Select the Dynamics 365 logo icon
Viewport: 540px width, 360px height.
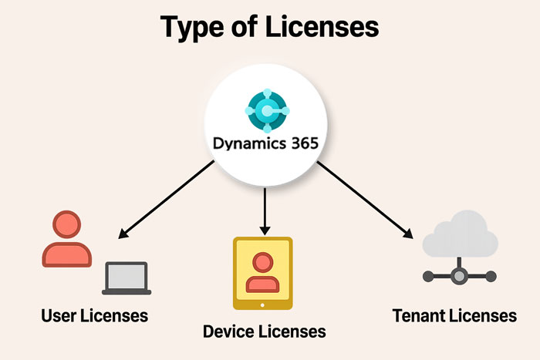pyautogui.click(x=267, y=111)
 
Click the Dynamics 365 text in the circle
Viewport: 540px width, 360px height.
pyautogui.click(x=267, y=145)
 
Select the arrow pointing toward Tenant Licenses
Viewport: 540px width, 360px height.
pyautogui.click(x=363, y=199)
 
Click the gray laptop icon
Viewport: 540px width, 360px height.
pyautogui.click(x=125, y=278)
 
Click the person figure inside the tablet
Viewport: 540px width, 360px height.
pyautogui.click(x=263, y=272)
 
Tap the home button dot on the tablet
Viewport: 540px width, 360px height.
pyautogui.click(x=263, y=304)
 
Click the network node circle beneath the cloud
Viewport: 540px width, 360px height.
pyautogui.click(x=461, y=274)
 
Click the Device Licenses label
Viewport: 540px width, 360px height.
pyautogui.click(x=264, y=331)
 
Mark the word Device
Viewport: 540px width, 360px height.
pyautogui.click(x=228, y=331)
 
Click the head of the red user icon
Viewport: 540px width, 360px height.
pyautogui.click(x=66, y=225)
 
